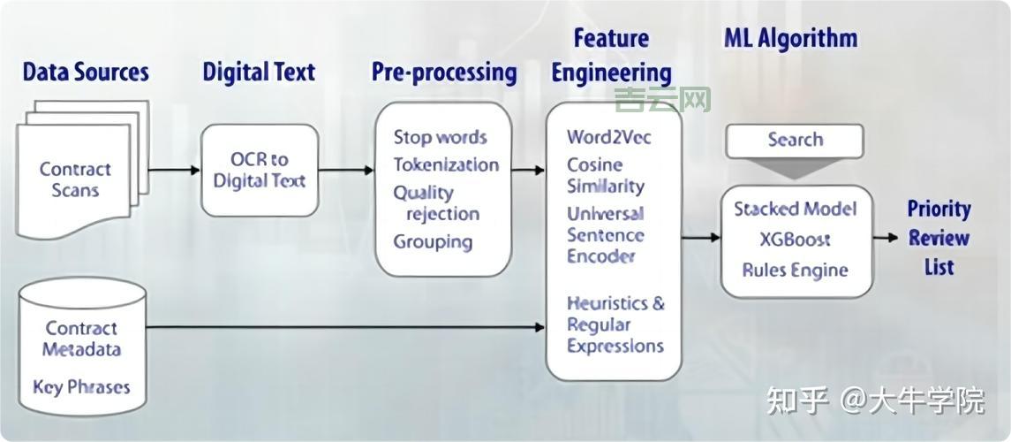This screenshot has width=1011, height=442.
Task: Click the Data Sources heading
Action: [86, 72]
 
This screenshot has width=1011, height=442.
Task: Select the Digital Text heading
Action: [259, 72]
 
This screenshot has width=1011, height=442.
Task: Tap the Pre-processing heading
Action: [443, 72]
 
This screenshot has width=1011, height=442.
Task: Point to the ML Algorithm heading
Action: [790, 38]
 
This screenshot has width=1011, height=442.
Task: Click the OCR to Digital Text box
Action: [260, 170]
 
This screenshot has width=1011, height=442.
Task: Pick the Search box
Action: [795, 140]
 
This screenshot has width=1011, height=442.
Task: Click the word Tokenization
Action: [446, 164]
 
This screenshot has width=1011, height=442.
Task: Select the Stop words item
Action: [440, 137]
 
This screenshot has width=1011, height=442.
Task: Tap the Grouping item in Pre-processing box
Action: [433, 241]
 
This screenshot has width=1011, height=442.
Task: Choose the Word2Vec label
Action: [609, 137]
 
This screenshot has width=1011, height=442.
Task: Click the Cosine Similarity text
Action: [606, 175]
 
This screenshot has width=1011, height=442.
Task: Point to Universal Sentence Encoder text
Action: [606, 235]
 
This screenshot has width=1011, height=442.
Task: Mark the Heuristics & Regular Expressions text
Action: [615, 324]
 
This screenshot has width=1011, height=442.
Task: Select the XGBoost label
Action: [795, 240]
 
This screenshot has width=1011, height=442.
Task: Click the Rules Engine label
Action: [795, 270]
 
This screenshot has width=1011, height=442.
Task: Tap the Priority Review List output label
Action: [939, 237]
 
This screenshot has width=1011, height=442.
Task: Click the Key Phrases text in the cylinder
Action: [81, 386]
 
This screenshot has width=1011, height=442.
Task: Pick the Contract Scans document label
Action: [75, 179]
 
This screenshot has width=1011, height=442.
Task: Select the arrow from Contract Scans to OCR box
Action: [174, 170]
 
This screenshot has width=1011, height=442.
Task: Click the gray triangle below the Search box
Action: [795, 169]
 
